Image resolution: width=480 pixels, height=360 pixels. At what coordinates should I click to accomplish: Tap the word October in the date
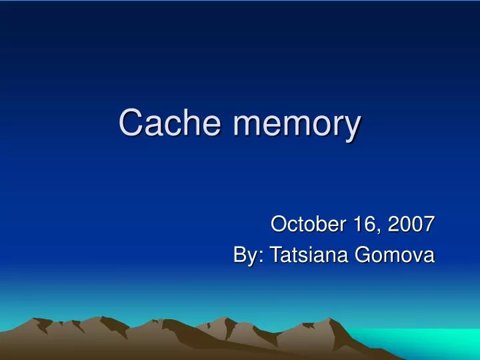(x=305, y=225)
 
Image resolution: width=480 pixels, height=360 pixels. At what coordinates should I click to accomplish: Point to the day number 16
(x=363, y=225)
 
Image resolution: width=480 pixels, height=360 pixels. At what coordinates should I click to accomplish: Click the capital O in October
(x=279, y=225)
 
